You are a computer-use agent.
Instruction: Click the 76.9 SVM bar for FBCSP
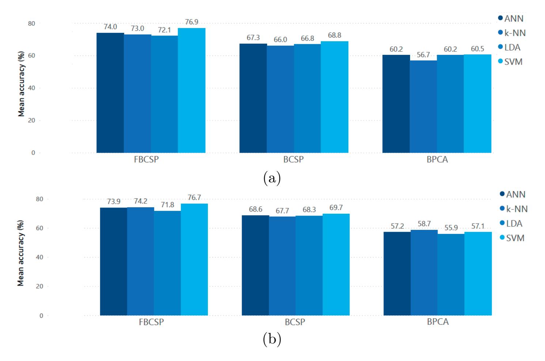coord(192,90)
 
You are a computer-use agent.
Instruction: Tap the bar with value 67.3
coord(253,98)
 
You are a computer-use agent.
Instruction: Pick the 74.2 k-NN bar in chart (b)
coord(140,261)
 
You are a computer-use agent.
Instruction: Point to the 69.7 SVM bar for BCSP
coord(336,265)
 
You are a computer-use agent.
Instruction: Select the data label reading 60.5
coord(477,49)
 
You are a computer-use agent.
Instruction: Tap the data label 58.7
coord(424,224)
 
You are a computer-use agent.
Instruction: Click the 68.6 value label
coord(255,209)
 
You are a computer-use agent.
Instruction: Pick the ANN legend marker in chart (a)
coord(500,18)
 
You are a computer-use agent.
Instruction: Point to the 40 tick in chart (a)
coord(33,88)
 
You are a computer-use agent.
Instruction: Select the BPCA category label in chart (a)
coord(437,160)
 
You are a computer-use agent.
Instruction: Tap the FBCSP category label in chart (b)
coord(151,322)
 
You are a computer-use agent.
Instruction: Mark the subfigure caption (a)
coord(272,178)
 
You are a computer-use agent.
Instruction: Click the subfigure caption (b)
coord(272,339)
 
